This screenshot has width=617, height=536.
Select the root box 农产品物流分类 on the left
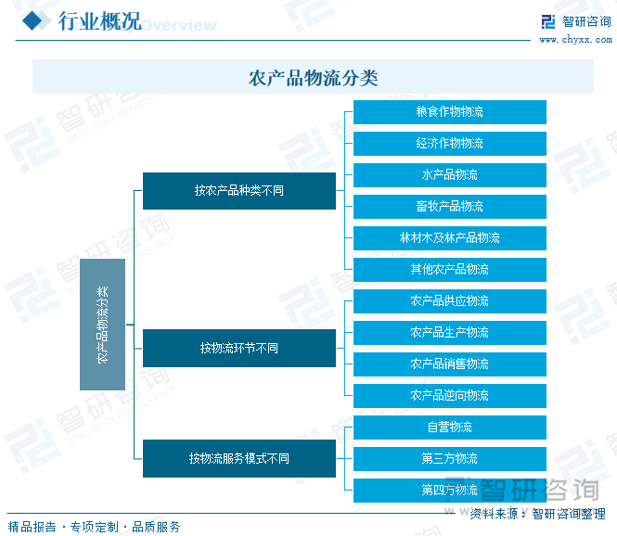[102, 325]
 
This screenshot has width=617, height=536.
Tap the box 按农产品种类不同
[239, 191]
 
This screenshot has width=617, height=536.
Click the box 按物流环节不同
[239, 349]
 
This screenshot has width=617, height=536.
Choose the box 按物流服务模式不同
[239, 458]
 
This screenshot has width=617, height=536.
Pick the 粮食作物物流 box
[450, 112]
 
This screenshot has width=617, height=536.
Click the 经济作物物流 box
[450, 144]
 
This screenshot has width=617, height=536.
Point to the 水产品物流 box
[450, 175]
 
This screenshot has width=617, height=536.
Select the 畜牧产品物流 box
[450, 207]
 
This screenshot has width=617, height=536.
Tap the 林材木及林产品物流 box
[450, 238]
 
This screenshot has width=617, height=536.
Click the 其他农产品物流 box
[450, 270]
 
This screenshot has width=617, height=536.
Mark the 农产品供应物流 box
[450, 301]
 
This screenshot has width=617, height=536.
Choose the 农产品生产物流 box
[450, 333]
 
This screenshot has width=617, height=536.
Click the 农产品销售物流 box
[450, 364]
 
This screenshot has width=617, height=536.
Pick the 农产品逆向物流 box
[450, 396]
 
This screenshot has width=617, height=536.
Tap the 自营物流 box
[450, 428]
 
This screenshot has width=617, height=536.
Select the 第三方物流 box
[450, 459]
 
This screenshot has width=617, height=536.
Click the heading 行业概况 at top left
[100, 21]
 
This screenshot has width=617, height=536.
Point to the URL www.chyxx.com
[575, 40]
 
